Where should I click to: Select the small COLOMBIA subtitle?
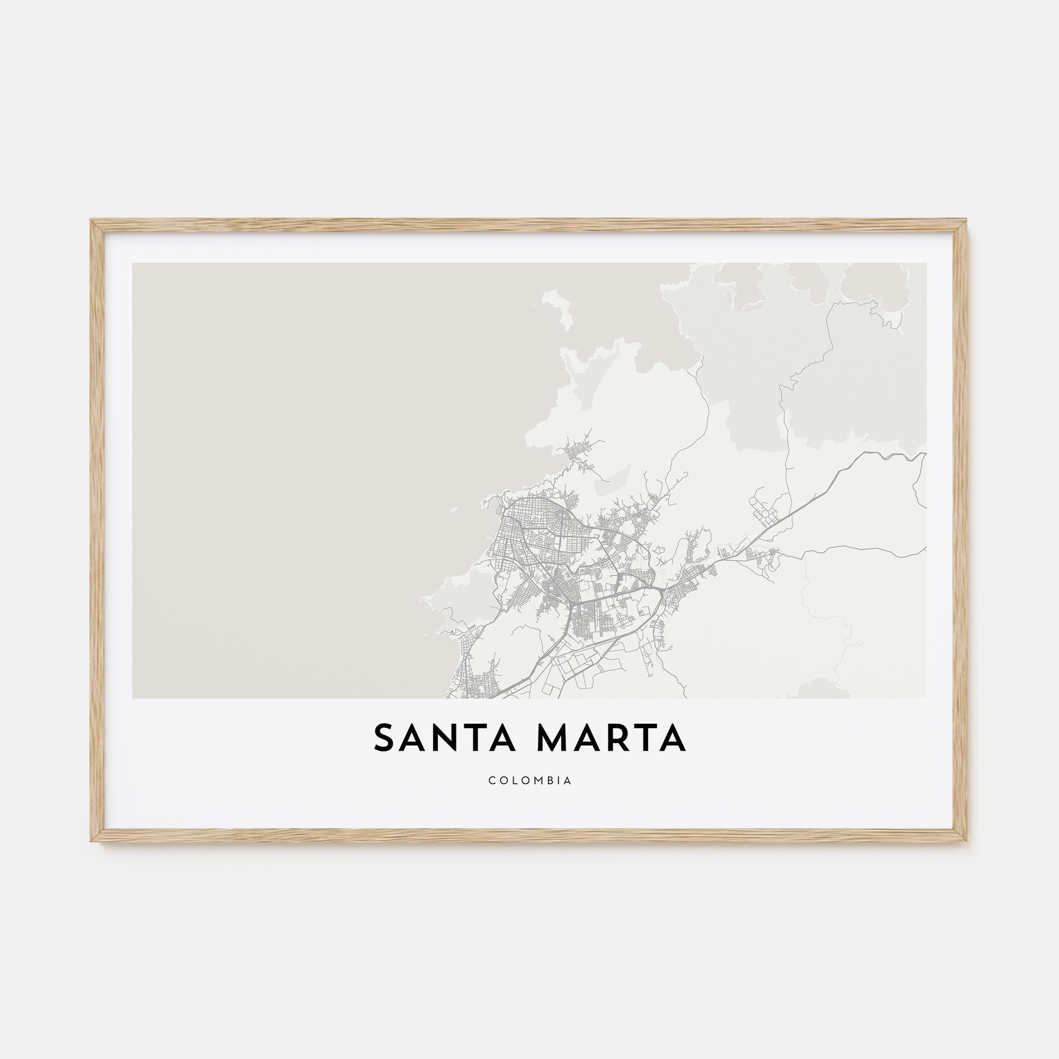tap(530, 780)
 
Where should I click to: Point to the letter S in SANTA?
tap(385, 739)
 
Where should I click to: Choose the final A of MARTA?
tap(672, 739)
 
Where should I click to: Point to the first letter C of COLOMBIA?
tap(492, 780)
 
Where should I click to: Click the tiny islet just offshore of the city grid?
tap(454, 509)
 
